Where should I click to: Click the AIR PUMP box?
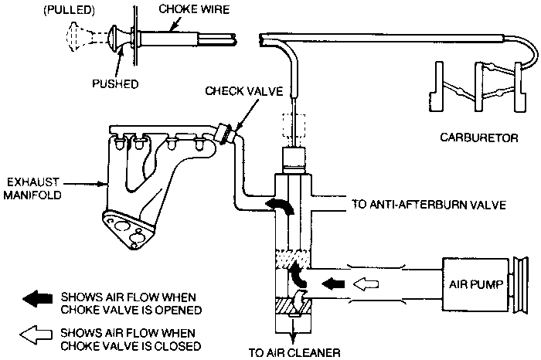coord(475,285)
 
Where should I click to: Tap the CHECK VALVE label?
coord(244,91)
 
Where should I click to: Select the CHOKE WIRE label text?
coord(194,9)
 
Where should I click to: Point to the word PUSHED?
coord(115,83)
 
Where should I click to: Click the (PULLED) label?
coord(69,10)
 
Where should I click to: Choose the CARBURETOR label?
coord(479,138)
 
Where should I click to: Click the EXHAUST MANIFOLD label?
coord(32,188)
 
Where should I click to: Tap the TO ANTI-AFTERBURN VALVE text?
coord(429,205)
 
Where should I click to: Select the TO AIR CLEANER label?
coord(294,353)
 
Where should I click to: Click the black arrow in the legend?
coord(37,299)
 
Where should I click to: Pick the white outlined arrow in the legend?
coord(36,335)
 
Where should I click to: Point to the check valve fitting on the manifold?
coord(226,134)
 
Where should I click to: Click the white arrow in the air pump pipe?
coord(366,284)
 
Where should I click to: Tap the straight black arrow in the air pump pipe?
coord(333,284)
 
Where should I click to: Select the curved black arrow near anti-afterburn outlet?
coord(280,205)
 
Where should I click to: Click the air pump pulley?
coord(520,285)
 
